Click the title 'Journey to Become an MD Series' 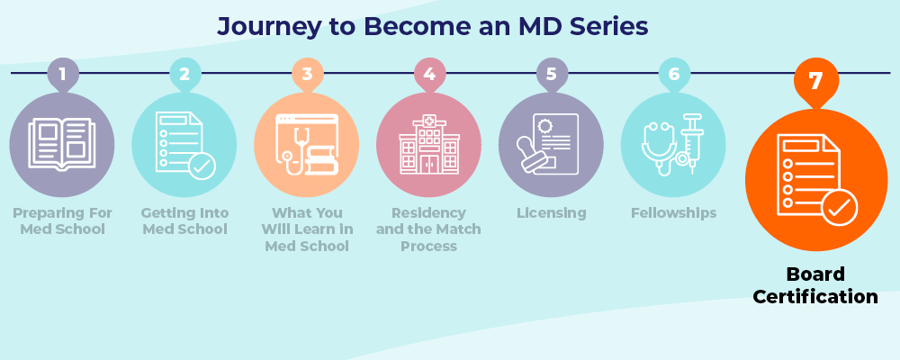432,27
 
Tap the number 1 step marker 62,75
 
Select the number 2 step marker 184,75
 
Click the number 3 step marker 307,75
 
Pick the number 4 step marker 429,75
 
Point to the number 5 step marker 552,75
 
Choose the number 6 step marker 674,75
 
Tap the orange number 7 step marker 815,82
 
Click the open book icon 61,144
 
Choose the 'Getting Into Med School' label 184,221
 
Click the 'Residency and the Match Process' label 429,229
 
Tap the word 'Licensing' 552,213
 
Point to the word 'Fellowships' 674,213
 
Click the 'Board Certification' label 815,285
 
